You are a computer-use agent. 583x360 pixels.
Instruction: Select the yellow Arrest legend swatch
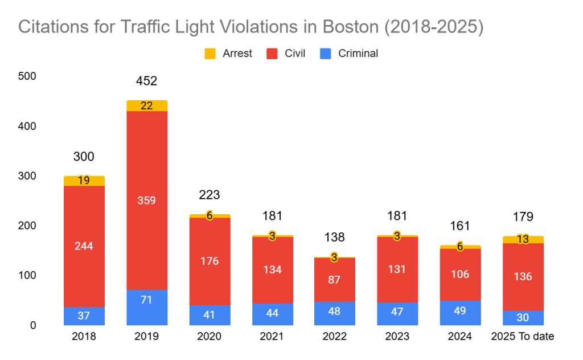[210, 54]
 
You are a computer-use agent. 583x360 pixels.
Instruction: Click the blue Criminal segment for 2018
[84, 316]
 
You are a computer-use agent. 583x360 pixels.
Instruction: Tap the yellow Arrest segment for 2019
[147, 106]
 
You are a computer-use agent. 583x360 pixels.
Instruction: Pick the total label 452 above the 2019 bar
[146, 81]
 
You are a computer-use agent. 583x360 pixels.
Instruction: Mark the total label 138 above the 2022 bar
[334, 238]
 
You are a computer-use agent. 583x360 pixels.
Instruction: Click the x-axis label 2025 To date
[523, 337]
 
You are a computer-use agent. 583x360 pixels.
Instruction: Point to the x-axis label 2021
[272, 337]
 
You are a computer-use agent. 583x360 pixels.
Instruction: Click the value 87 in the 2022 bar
[334, 280]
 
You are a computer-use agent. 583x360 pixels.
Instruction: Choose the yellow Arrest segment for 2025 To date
[523, 239]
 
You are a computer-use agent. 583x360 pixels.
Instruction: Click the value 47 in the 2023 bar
[397, 314]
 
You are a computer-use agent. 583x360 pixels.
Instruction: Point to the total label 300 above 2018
[84, 157]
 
